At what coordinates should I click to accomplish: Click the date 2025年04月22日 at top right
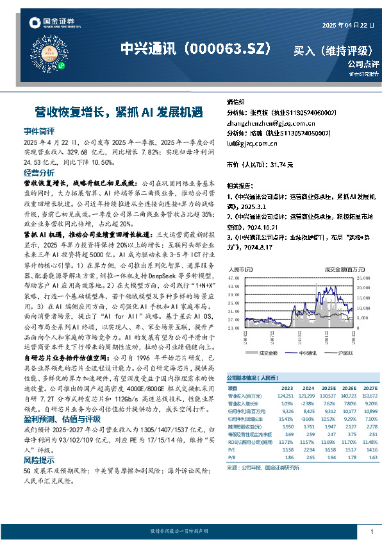tap(347, 26)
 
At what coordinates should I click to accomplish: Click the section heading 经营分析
tap(38, 173)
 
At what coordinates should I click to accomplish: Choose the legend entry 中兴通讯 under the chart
tap(308, 352)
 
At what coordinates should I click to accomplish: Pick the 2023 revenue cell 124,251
tap(286, 396)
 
